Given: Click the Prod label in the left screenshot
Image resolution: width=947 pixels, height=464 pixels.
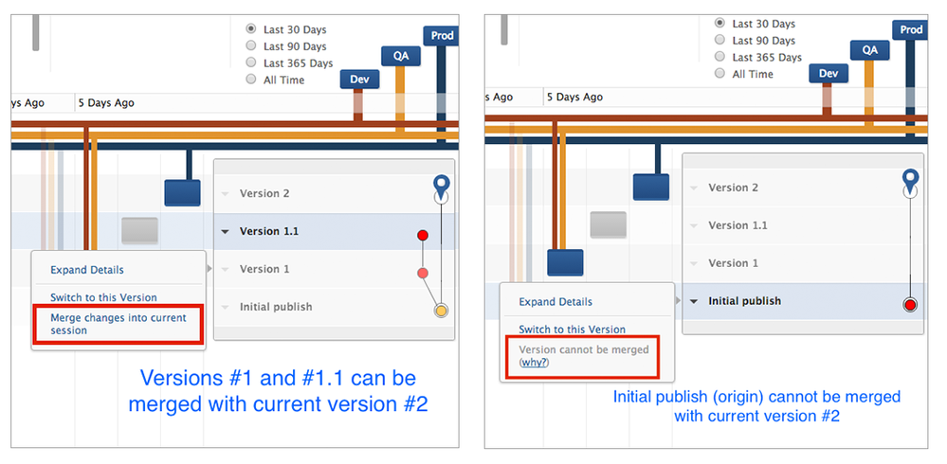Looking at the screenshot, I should [x=442, y=36].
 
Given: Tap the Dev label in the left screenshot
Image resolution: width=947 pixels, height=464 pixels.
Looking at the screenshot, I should [x=358, y=80].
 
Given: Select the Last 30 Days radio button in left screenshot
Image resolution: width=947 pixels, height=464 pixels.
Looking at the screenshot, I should [x=251, y=29].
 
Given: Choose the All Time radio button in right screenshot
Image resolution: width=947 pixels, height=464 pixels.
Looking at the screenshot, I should [x=720, y=73].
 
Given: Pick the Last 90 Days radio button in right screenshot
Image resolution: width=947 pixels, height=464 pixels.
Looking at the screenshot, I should [x=720, y=40].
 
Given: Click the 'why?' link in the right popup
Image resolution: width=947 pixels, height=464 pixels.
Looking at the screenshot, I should [x=535, y=363].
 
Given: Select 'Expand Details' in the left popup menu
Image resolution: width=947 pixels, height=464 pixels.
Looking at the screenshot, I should [x=87, y=270].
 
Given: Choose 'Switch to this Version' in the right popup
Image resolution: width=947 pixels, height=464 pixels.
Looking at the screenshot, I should [x=572, y=330].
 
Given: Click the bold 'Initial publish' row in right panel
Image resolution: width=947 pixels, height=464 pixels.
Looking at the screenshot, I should [x=744, y=301].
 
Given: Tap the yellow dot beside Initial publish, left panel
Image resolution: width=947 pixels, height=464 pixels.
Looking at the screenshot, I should [x=440, y=311].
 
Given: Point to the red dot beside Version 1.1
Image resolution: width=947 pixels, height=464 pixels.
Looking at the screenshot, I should [x=423, y=234].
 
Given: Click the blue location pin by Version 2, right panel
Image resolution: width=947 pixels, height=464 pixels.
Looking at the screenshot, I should [x=910, y=178].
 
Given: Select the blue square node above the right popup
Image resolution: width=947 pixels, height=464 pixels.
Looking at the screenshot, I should [x=565, y=262].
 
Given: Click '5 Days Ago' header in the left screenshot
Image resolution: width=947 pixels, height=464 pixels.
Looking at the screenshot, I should [x=105, y=102].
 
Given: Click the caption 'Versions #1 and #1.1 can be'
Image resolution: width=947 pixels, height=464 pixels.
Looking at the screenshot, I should [x=278, y=378].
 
